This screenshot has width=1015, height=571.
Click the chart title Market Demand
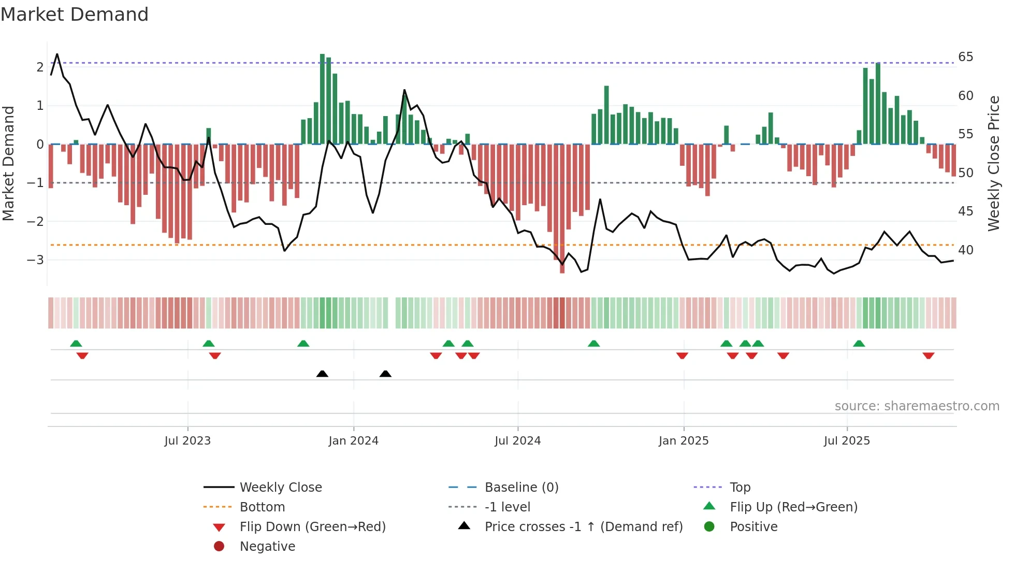point(75,15)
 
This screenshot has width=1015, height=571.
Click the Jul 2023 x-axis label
point(187,441)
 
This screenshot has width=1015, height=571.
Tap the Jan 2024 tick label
point(353,441)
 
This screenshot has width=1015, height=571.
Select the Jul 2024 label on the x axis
point(517,441)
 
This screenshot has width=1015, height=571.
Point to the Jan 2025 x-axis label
point(684,441)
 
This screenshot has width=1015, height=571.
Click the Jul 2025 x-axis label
point(847,441)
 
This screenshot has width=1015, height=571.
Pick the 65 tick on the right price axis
point(965,57)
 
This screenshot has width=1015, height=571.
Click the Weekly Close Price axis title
point(993,163)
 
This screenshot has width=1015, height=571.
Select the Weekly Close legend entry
point(281,488)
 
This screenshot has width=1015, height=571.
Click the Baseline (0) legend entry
point(521,488)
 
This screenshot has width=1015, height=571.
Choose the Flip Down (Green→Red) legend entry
point(312,527)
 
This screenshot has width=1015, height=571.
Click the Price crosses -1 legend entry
point(584,527)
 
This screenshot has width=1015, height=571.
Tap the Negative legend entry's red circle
point(219,547)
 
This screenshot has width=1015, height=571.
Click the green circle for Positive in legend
point(709,527)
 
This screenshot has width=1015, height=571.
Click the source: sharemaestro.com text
point(917,406)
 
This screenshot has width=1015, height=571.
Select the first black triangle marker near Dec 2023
point(322,374)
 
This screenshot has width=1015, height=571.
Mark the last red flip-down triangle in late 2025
point(928,356)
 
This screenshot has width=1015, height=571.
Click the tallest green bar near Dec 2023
point(322,98)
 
